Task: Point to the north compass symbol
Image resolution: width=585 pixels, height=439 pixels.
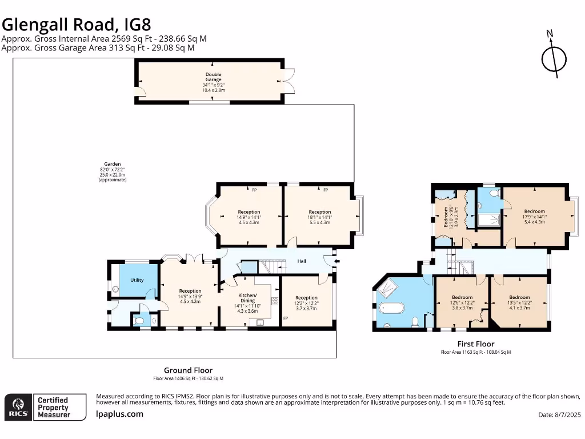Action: click(x=554, y=58)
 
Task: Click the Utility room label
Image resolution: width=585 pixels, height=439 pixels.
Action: click(x=137, y=280)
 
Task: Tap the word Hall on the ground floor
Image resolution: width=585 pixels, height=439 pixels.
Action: click(x=302, y=261)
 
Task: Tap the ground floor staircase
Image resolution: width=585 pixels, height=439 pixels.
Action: click(x=272, y=266)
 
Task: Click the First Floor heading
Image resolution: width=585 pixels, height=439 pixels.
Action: click(x=475, y=344)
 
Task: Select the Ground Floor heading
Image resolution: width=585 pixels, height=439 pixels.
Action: click(x=188, y=370)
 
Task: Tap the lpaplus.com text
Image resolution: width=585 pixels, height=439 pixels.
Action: click(x=119, y=414)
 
